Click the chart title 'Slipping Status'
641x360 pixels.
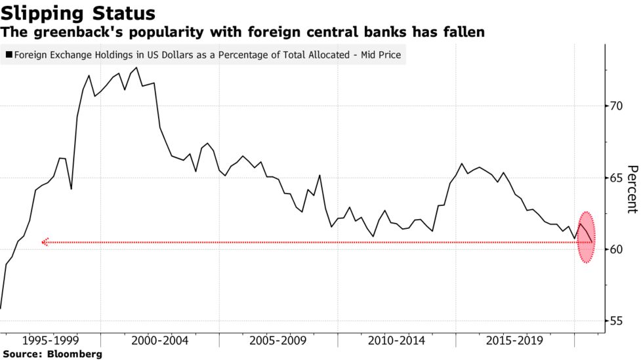tap(78, 13)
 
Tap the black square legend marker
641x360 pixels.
tap(9, 54)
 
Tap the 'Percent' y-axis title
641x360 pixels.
tap(632, 190)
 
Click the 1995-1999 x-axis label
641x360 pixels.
tap(51, 340)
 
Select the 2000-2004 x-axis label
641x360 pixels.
tap(160, 340)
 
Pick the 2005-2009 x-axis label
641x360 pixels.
tap(278, 340)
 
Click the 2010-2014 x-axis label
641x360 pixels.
tap(396, 340)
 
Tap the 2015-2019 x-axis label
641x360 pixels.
tap(514, 340)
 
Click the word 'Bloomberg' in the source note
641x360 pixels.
tap(75, 354)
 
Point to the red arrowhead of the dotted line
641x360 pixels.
tap(45, 243)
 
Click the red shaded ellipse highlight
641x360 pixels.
tap(587, 237)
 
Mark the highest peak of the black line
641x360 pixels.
tap(136, 68)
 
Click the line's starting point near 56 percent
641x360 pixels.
tap(1, 308)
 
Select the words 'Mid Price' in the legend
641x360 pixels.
tap(381, 55)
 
